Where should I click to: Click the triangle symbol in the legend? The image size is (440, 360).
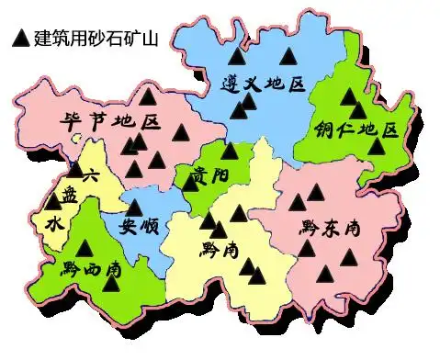click(x=18, y=38)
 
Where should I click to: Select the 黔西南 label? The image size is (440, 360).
click(x=92, y=269)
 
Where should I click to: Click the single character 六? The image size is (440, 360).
click(x=89, y=176)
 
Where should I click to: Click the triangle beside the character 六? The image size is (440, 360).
click(x=74, y=169)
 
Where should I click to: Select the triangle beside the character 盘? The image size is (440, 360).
click(x=53, y=201)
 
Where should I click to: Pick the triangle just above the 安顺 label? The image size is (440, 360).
click(x=134, y=207)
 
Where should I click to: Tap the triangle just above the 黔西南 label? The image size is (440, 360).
click(x=85, y=247)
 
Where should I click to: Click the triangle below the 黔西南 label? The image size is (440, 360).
click(x=112, y=283)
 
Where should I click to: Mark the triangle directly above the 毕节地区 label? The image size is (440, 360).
click(x=147, y=95)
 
